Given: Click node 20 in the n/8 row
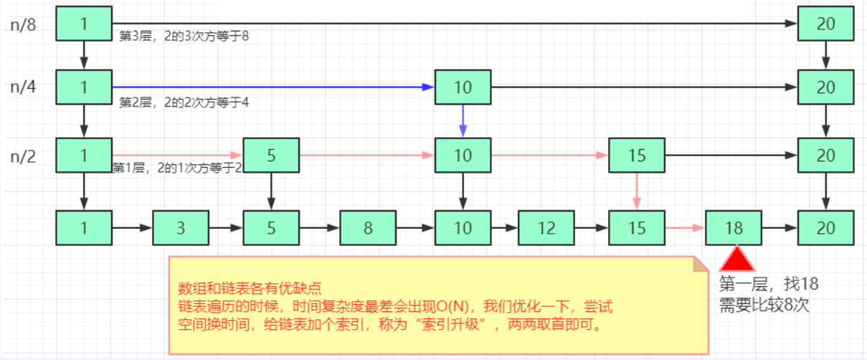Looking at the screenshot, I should pos(825,24).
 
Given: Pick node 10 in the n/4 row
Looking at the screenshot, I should pos(463,87).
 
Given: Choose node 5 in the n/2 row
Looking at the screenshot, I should pos(271,155).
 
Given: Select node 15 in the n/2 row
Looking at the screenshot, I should pos(637,155).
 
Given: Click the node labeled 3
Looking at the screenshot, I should pos(180,228).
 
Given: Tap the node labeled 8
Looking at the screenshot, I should pos(368,228).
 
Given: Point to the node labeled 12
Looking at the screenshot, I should pos(546,228).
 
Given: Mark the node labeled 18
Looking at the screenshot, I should pos(734,228).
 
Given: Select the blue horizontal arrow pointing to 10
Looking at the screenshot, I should pos(273,87).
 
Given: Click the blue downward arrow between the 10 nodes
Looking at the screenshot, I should pos(463,120).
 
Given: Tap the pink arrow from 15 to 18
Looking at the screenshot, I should pos(685,228).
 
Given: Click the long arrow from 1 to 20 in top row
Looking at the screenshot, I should pos(452,24).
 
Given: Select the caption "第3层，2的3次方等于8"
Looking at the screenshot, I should pos(184,36).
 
